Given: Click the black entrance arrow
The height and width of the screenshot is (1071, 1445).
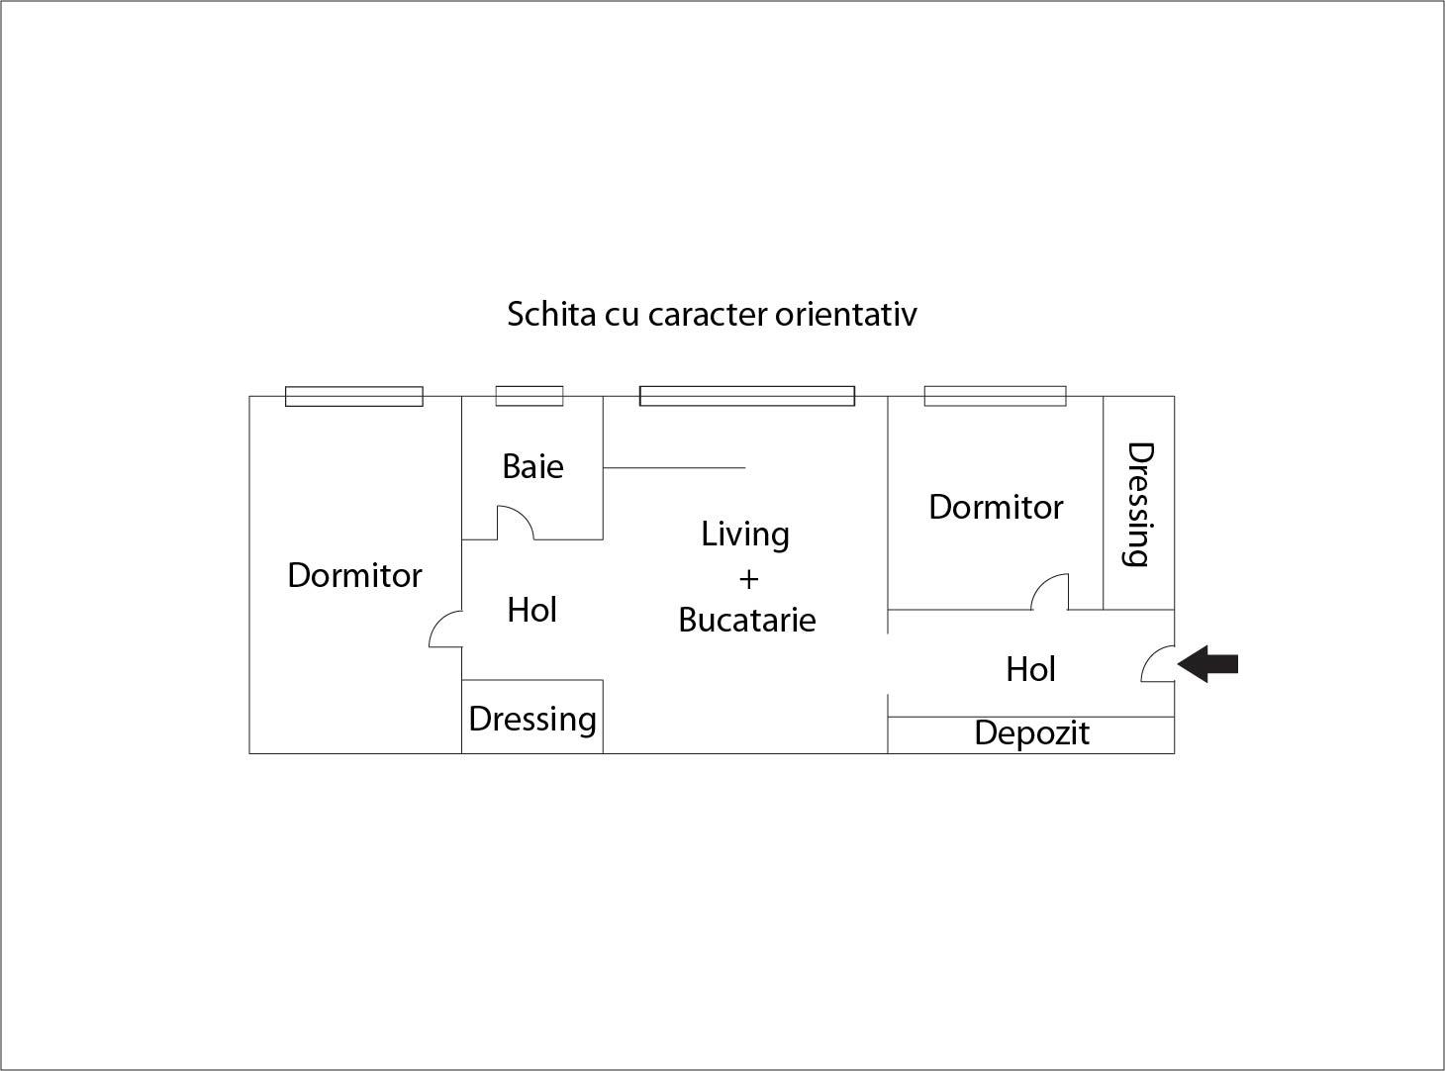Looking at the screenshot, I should click(1208, 664).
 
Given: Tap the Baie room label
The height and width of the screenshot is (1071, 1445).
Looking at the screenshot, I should click(532, 466).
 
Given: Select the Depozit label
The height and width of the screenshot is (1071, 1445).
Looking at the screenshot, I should click(1031, 733).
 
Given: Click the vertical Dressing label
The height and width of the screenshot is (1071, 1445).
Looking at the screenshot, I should click(1139, 504).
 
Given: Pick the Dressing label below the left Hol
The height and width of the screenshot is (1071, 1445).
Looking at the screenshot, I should click(532, 719).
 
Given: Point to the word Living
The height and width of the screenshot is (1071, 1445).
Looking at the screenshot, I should click(745, 535).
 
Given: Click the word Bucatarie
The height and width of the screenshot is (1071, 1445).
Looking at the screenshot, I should click(747, 621).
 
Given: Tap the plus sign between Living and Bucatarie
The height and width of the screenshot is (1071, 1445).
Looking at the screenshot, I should click(748, 579).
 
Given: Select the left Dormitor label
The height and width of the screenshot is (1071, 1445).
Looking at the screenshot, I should click(354, 575).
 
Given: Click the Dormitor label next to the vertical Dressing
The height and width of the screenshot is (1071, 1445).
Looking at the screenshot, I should click(996, 507).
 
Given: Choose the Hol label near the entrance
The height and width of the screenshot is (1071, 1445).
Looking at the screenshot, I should click(1030, 670).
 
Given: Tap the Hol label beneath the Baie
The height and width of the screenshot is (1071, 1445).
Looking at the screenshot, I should click(531, 611).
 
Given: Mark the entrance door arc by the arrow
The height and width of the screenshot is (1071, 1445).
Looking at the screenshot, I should click(1157, 664).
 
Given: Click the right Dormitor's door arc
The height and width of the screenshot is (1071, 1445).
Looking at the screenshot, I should click(1050, 591).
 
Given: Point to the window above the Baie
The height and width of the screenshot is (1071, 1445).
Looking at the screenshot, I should click(530, 396).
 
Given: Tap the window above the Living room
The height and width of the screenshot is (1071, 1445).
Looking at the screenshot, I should click(747, 396).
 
